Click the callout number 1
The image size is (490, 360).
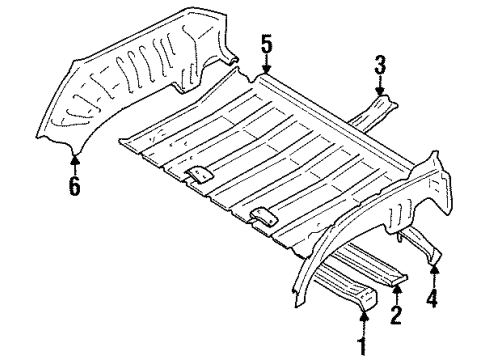tap(363, 347)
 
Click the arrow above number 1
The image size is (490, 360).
tap(363, 324)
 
